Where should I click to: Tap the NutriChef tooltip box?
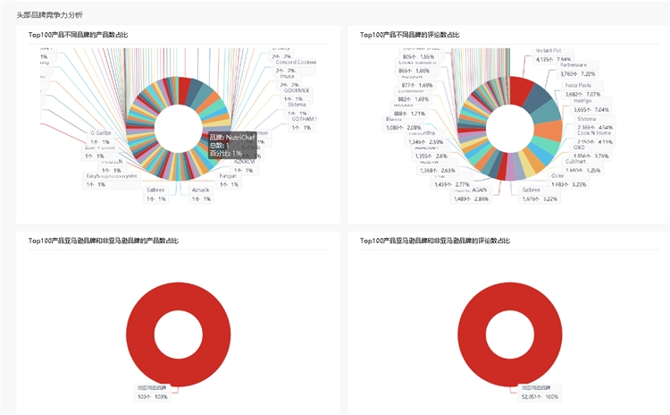pyautogui.click(x=227, y=145)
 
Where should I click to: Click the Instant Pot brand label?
pyautogui.click(x=549, y=50)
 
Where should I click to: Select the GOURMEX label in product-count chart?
pyautogui.click(x=297, y=90)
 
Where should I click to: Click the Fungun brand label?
pyautogui.click(x=230, y=176)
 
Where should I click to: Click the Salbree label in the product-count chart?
pyautogui.click(x=155, y=190)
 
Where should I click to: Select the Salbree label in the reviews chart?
pyautogui.click(x=532, y=190)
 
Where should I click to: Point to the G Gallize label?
pyautogui.click(x=100, y=132)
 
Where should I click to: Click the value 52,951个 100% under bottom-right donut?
pyautogui.click(x=540, y=395)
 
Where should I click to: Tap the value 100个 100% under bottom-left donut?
pyautogui.click(x=152, y=395)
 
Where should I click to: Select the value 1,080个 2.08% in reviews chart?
pyautogui.click(x=403, y=127)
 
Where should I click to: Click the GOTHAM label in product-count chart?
pyautogui.click(x=304, y=119)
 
